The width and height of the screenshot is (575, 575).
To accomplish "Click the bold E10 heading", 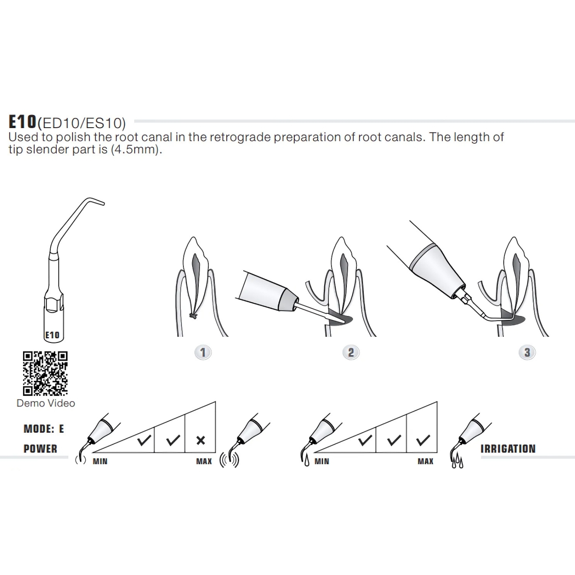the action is [x=22, y=122].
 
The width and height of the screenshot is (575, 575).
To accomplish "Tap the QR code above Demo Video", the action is [x=45, y=373].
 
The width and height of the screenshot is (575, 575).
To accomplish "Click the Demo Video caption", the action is [x=46, y=403].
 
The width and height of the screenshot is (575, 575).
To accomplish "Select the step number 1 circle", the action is [x=203, y=353].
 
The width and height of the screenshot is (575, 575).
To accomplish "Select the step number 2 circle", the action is [x=351, y=353].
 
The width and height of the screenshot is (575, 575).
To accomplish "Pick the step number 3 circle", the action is [x=527, y=353].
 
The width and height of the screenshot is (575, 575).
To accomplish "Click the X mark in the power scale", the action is [x=201, y=440].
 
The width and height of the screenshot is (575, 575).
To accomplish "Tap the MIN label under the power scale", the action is [x=100, y=461].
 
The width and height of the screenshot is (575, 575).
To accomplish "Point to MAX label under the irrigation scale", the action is [x=425, y=461].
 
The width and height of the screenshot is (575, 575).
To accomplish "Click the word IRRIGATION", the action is [x=508, y=449].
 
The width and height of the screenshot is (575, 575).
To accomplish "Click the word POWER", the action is [x=40, y=449].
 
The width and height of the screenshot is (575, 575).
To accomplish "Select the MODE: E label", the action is [x=44, y=429].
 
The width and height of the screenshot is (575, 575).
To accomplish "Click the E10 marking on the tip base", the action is [x=52, y=335].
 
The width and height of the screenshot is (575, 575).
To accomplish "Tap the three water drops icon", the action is [x=457, y=461].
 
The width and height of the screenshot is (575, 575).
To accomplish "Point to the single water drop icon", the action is [x=307, y=461].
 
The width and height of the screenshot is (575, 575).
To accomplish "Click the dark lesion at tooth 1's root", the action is [x=193, y=316].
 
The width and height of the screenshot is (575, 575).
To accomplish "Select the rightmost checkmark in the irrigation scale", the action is [x=423, y=440].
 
